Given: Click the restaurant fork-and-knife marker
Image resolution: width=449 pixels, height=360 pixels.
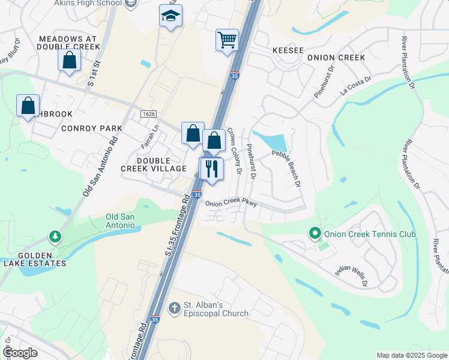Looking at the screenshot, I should [x=211, y=169].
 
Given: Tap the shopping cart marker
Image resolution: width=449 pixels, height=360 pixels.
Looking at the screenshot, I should [x=227, y=41].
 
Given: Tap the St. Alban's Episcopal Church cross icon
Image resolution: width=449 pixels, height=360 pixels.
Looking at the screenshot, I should [x=174, y=308].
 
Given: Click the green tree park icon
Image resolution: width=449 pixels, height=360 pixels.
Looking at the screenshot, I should [x=55, y=237].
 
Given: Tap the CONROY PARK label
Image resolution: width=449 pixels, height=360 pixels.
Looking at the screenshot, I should [x=91, y=128].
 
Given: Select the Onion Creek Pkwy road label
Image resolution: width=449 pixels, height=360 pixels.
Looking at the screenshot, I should [x=232, y=203].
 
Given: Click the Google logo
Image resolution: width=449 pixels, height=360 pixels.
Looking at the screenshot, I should [x=21, y=353].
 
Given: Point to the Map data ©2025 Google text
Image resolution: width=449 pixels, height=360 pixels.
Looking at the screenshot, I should [x=411, y=355].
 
